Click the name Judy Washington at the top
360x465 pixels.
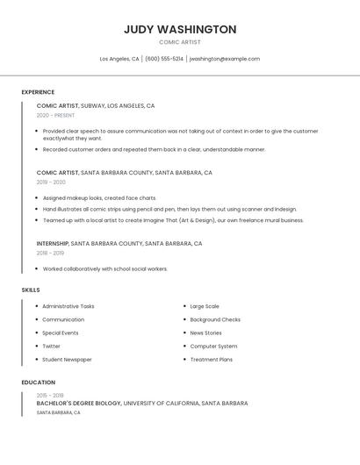pyautogui.click(x=180, y=29)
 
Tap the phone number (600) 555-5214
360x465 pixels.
pyautogui.click(x=164, y=59)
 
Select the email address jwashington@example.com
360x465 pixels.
pyautogui.click(x=225, y=59)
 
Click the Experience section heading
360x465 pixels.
pyautogui.click(x=38, y=92)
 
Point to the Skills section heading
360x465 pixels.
pyautogui.click(x=31, y=290)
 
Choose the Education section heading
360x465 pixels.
pyautogui.click(x=38, y=383)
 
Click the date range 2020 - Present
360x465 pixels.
pyautogui.click(x=55, y=115)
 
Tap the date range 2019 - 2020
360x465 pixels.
pyautogui.click(x=51, y=182)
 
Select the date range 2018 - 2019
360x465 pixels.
pyautogui.click(x=50, y=253)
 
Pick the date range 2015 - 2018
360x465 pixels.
pyautogui.click(x=50, y=396)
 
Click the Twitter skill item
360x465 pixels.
pyautogui.click(x=51, y=347)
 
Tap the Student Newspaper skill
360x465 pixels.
pyautogui.click(x=67, y=360)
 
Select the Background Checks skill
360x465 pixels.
pyautogui.click(x=215, y=320)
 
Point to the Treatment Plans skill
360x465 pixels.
pyautogui.click(x=212, y=360)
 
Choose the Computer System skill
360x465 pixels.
pyautogui.click(x=213, y=347)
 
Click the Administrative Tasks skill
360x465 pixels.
pyautogui.click(x=68, y=306)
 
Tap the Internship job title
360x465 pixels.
pyautogui.click(x=52, y=243)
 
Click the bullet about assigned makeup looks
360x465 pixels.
pyautogui.click(x=99, y=198)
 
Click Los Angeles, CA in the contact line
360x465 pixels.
pyautogui.click(x=119, y=59)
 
